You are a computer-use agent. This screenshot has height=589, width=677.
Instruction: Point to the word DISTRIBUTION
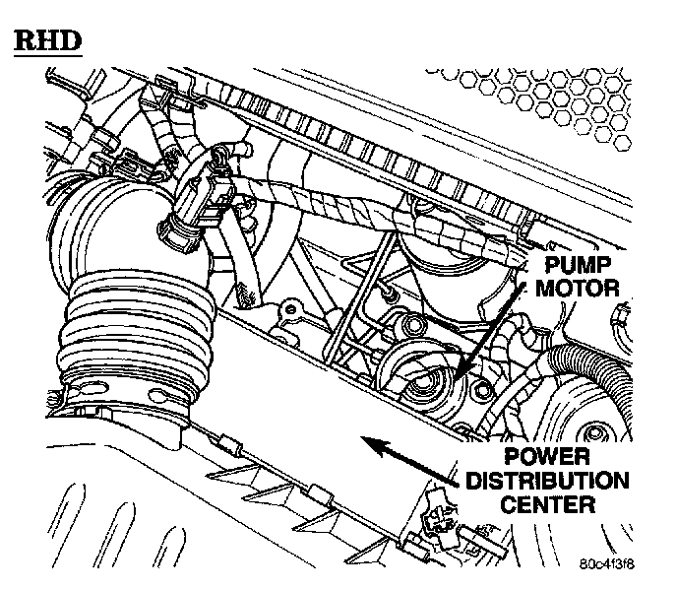click(x=546, y=483)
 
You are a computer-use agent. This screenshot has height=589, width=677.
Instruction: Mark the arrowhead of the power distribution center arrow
click(x=366, y=442)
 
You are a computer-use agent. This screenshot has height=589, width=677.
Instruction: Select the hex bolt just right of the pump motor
click(x=482, y=393)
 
